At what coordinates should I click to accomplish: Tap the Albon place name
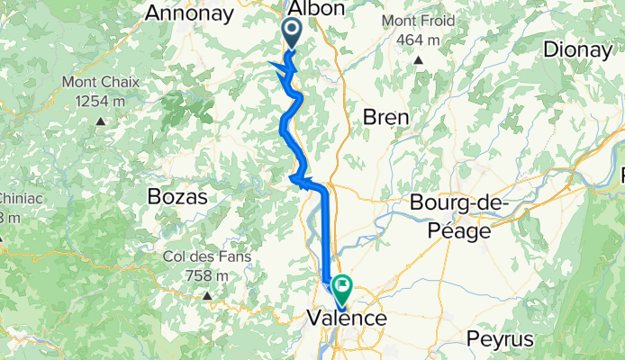[x=315, y=9]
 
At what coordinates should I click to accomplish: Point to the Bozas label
[x=177, y=196]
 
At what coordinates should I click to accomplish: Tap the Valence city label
[x=347, y=319]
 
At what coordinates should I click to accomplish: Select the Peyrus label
[x=501, y=339]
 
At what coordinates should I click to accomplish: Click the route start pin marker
[x=294, y=33]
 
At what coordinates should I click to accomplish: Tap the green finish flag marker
[x=342, y=288]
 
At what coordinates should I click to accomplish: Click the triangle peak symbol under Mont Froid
[x=419, y=60]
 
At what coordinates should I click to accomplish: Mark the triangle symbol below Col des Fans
[x=207, y=295]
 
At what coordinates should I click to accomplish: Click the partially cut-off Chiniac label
[x=14, y=198]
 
